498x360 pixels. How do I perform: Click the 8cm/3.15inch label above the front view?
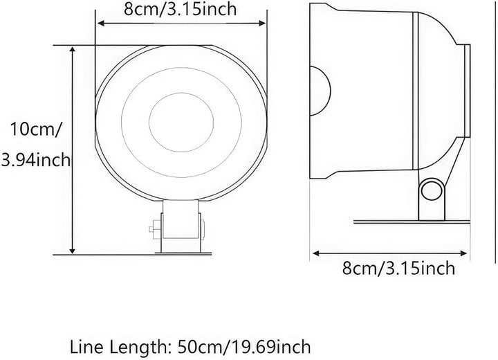181,9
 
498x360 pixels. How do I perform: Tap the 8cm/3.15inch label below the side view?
398,268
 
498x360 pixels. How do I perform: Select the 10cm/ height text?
35,129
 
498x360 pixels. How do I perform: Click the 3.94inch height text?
35,160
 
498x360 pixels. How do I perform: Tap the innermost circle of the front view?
181,123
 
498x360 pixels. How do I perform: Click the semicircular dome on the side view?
320,91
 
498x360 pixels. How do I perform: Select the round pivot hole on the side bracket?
432,192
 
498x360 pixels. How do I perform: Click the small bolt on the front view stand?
156,228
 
